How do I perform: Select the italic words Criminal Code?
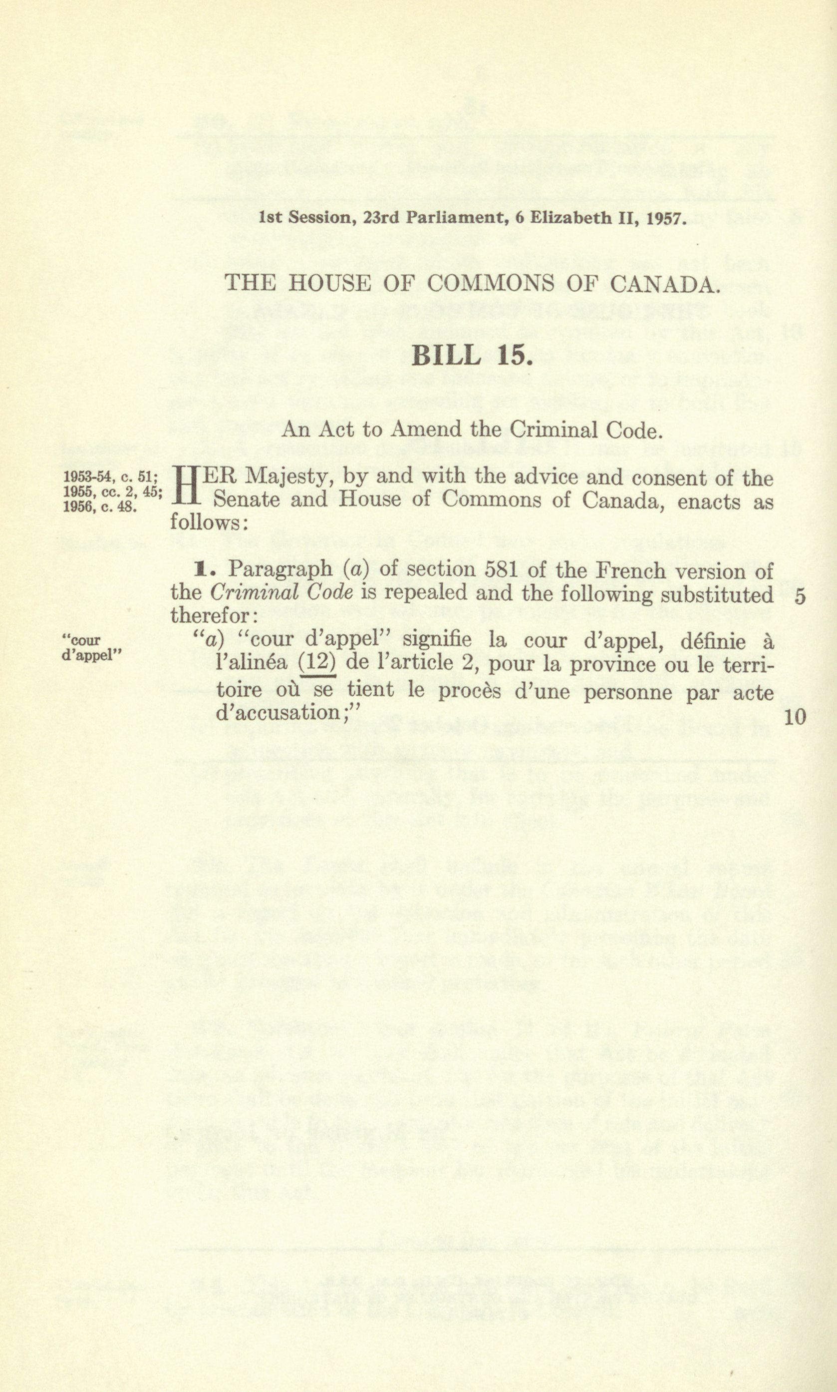(281, 592)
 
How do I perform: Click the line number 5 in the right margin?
(799, 597)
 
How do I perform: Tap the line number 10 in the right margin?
(795, 717)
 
